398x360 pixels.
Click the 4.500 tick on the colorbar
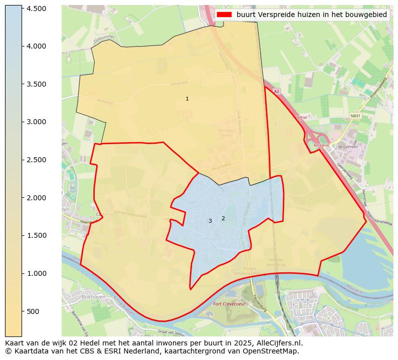pos(36,9)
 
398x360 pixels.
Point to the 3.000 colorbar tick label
pos(36,122)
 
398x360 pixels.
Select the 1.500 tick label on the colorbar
pos(36,235)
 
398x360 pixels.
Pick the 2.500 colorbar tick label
pos(36,160)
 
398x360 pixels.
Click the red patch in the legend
pos(224,15)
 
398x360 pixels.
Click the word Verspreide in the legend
pos(274,15)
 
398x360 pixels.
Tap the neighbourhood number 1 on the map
pos(187,99)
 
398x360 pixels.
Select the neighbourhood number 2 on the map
pos(223,218)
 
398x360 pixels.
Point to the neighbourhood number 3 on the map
pos(210,221)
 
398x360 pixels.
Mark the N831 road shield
pos(355,116)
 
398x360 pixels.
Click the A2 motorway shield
pos(276,91)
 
